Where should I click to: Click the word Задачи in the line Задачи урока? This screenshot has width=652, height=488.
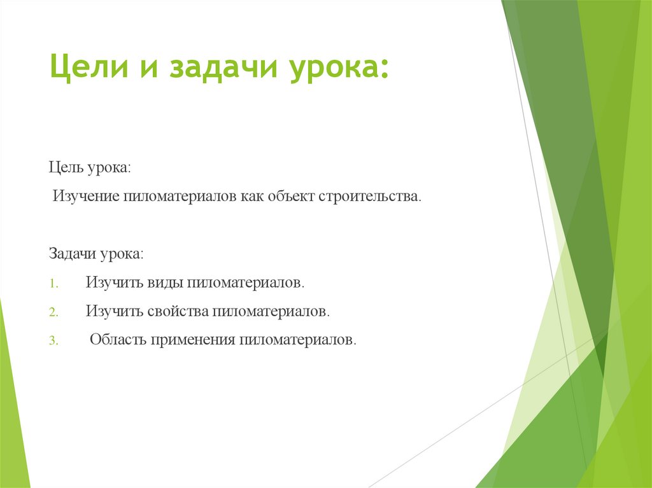click(x=72, y=253)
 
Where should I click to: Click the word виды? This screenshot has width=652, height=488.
click(x=164, y=282)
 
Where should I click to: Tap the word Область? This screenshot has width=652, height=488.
click(x=118, y=340)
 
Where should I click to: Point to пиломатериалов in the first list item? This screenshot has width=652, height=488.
click(x=246, y=282)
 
